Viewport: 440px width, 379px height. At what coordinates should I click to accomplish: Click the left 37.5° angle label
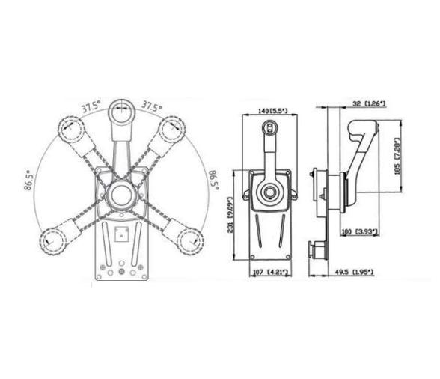[x=92, y=106]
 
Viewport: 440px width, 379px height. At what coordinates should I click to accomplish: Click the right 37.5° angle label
[x=153, y=106]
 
